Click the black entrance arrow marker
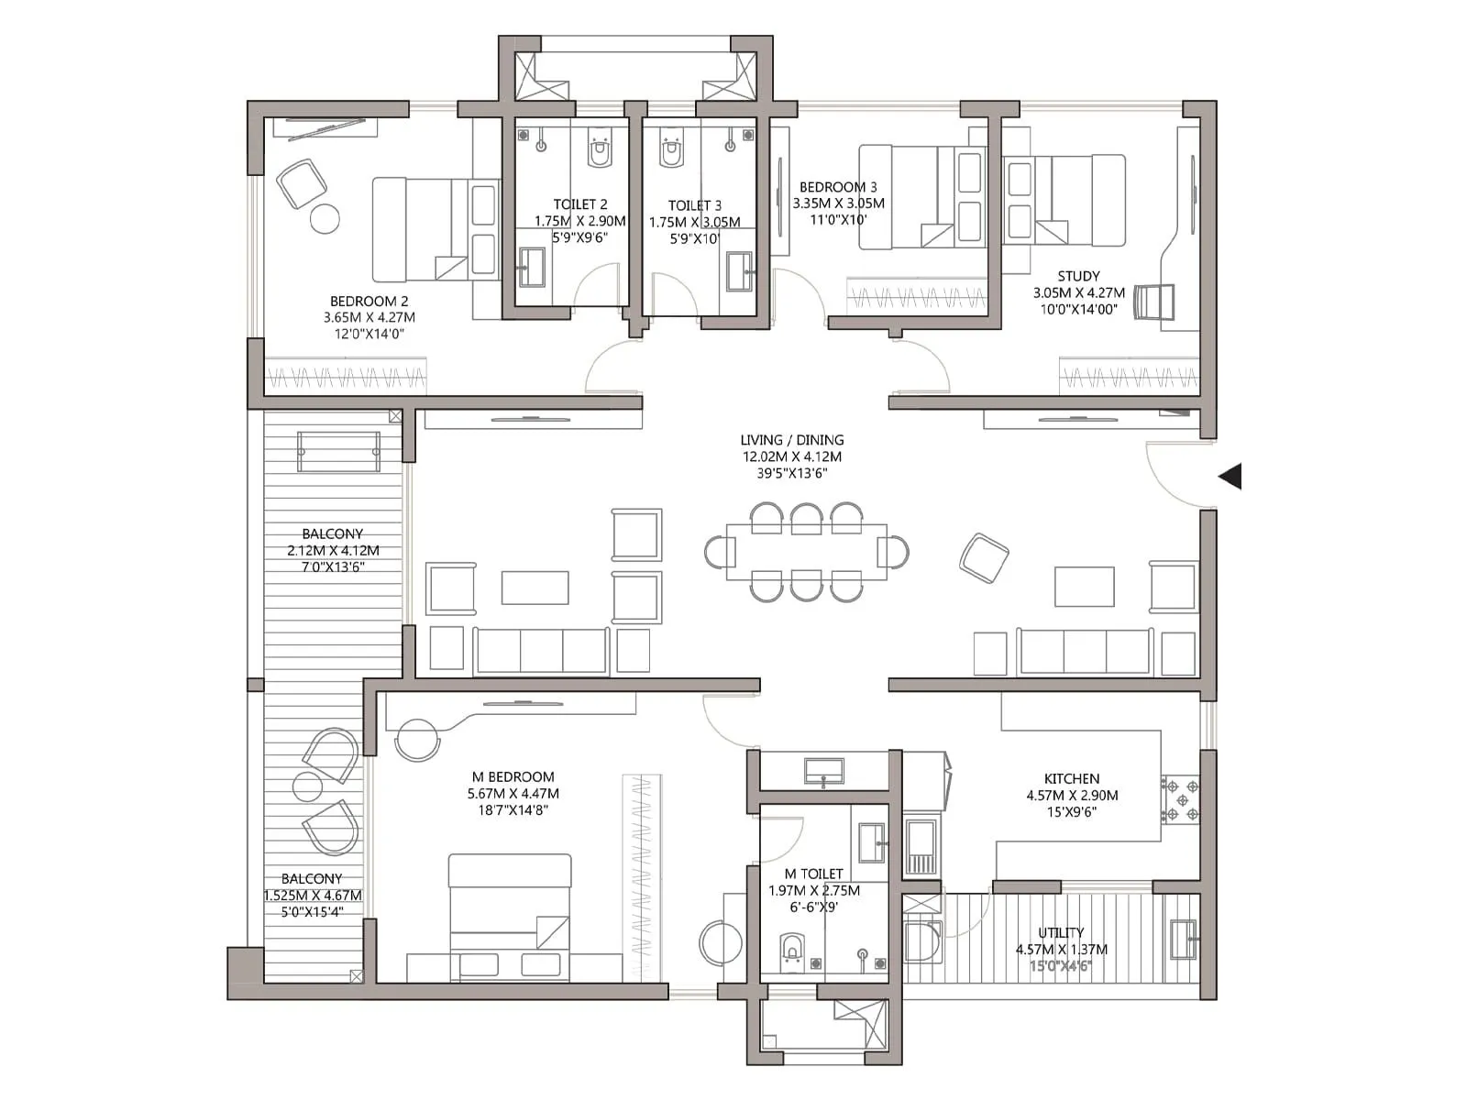1230,477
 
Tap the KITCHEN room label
1071,778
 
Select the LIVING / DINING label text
792,440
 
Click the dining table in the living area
806,552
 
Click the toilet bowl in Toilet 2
600,150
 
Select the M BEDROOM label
513,776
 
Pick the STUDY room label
1078,276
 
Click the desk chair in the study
1153,302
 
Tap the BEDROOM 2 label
370,301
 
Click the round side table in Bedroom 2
325,219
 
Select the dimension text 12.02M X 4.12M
792,456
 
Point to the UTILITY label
1061,932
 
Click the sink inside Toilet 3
739,270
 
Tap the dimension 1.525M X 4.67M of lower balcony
313,896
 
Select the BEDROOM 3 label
838,187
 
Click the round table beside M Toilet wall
721,942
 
